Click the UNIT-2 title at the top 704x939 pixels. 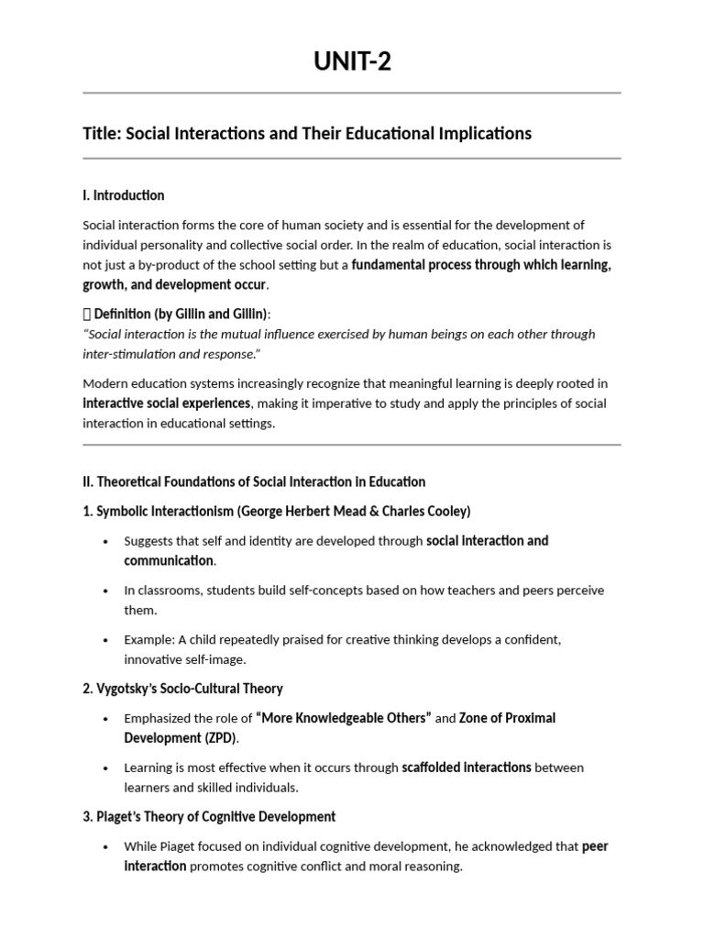[x=352, y=62]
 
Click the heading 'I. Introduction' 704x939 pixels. [x=124, y=195]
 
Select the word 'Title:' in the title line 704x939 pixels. [x=102, y=134]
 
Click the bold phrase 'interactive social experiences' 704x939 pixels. [x=166, y=403]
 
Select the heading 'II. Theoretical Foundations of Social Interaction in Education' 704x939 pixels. [x=254, y=481]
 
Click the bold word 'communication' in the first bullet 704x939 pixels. [x=169, y=560]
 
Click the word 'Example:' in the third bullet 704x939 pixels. [x=148, y=639]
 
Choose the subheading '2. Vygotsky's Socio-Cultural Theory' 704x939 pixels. [x=182, y=689]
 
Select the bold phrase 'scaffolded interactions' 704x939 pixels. [x=467, y=768]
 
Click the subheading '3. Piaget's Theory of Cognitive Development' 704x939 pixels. [x=209, y=816]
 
